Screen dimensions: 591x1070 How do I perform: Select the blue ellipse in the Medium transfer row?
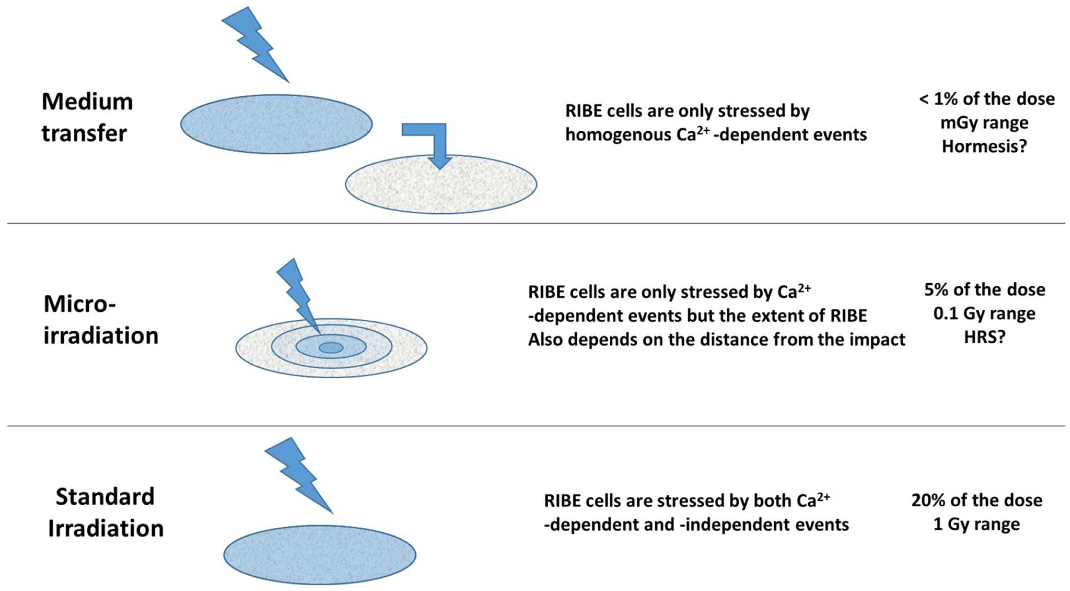tap(276, 124)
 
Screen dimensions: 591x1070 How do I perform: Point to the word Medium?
tap(87, 102)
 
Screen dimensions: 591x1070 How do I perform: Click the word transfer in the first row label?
tap(84, 134)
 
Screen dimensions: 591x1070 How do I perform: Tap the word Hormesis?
tap(984, 146)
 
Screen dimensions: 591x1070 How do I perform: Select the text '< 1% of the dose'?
tap(987, 99)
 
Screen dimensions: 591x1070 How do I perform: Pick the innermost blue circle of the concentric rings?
tap(331, 348)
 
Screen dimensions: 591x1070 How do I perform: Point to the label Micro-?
tap(80, 304)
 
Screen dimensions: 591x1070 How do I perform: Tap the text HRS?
tap(984, 337)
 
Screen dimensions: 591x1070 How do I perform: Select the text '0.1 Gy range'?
tap(984, 314)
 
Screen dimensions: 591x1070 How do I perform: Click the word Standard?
tap(105, 497)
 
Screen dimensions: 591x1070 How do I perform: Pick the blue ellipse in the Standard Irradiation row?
tap(320, 555)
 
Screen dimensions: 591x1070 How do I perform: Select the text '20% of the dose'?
tap(977, 500)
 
